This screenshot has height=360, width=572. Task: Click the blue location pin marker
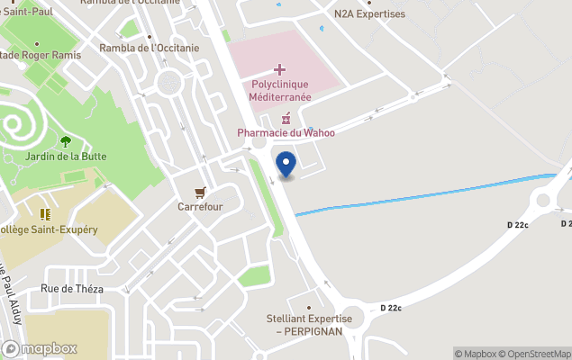point(286,164)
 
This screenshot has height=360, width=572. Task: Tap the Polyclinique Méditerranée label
point(280,91)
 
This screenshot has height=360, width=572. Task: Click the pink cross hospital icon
point(280,69)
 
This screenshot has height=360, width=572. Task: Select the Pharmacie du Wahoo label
point(286,133)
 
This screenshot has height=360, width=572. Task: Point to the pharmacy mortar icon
point(286,118)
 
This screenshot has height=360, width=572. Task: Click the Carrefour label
point(200,206)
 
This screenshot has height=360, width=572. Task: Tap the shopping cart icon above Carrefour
point(200,192)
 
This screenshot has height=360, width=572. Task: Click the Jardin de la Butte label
point(66,156)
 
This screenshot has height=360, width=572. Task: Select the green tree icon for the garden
point(66,140)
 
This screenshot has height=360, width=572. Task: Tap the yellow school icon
point(45,214)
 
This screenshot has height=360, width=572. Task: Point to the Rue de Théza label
point(72,289)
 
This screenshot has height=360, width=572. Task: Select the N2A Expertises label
point(369,14)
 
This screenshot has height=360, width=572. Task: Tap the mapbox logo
point(40,348)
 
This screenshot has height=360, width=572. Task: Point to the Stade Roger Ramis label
point(41,55)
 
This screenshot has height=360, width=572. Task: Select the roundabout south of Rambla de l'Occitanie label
point(168,84)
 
